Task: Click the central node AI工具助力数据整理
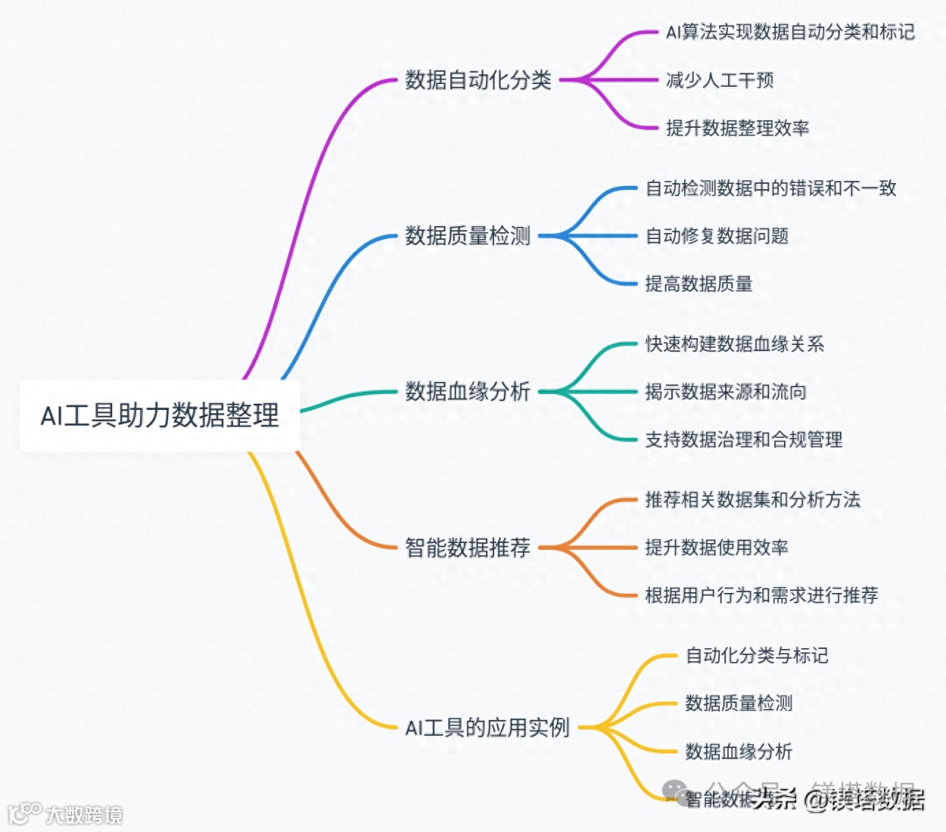pos(159,415)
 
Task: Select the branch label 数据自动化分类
pos(478,81)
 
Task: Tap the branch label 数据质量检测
pos(468,236)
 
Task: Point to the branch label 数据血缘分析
pos(468,391)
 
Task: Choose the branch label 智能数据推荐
pos(468,548)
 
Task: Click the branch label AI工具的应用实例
pos(487,727)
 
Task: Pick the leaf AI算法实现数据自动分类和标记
pos(790,32)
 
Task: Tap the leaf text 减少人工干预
pos(720,81)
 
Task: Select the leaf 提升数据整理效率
pos(738,128)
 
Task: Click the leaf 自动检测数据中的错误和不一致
pos(771,188)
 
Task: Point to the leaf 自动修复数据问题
pos(717,236)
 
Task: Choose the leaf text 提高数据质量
pos(699,283)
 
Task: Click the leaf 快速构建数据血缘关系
pos(735,343)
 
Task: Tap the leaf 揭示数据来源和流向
pos(726,391)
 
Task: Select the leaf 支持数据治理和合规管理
pos(744,439)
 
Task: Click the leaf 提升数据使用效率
pos(717,548)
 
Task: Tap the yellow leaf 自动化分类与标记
pos(757,655)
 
